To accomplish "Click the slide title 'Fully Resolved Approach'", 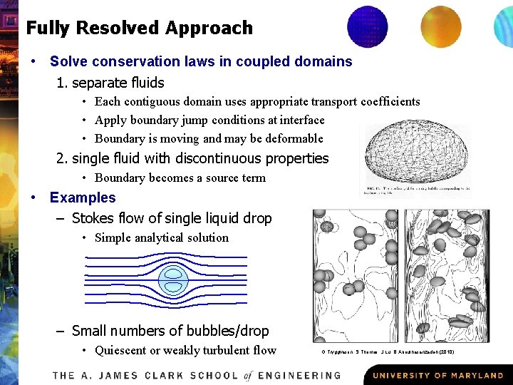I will pos(139,29).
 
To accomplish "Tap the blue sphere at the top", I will pos(367,26).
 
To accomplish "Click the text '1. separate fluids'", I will pos(110,83).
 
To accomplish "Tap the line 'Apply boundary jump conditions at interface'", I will pos(209,120).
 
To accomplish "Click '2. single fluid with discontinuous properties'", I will pos(192,158).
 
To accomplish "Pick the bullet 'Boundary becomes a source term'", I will pos(180,178).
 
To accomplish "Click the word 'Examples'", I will pos(83,197).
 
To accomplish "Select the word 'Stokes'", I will pos(93,218).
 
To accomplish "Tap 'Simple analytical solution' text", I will pos(161,238).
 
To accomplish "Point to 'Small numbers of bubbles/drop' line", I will pos(170,331).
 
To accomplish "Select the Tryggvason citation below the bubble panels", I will pos(388,351).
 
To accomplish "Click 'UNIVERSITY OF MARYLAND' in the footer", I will pos(437,375).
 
